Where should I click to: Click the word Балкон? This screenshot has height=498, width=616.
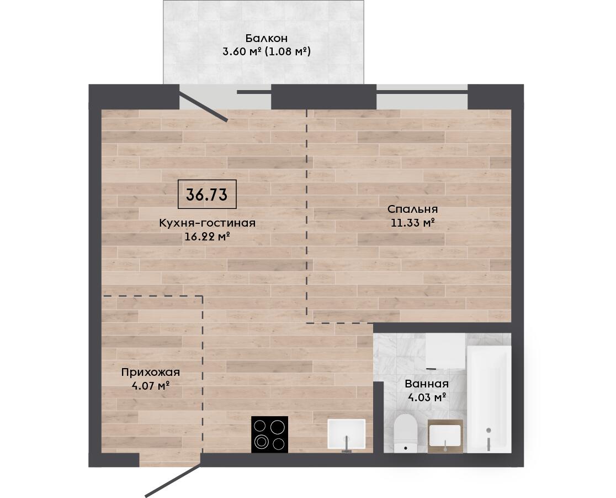point(267,38)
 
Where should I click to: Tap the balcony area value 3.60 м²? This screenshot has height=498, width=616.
point(242,51)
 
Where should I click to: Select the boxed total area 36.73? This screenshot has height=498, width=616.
point(207,195)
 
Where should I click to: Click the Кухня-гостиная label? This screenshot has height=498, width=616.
point(207,223)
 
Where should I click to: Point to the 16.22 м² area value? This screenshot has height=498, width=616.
point(207,237)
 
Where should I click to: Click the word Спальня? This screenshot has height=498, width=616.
point(412,209)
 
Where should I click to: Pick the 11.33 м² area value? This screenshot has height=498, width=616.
point(412,223)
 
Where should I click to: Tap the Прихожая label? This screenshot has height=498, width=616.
point(151,372)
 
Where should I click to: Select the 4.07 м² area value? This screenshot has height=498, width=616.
point(151,385)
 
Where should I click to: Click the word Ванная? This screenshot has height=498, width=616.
point(427,384)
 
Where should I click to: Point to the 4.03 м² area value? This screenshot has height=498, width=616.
point(427,397)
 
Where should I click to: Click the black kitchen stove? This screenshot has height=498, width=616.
point(269,434)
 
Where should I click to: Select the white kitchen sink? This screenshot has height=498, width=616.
point(347,434)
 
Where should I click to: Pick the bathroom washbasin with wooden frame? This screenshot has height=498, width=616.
point(445,436)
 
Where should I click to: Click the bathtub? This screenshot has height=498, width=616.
point(489,399)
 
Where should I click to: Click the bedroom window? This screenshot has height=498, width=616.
point(422,97)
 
